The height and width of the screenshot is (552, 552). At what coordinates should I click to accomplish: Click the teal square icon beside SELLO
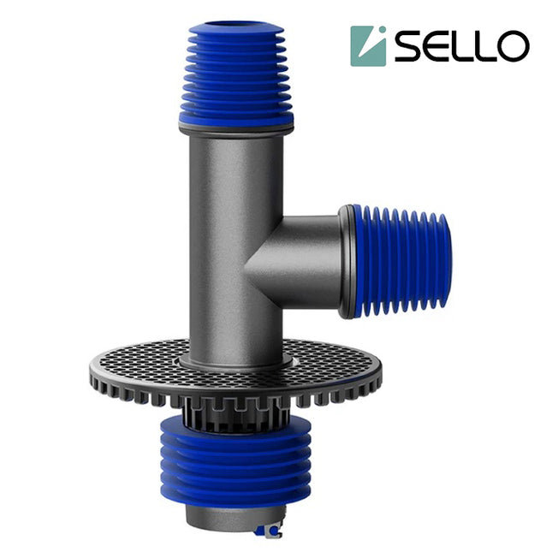click(x=368, y=45)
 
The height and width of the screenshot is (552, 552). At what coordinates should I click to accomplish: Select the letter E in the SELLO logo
click(x=442, y=47)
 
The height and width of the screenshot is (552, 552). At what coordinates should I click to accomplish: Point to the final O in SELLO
click(x=513, y=47)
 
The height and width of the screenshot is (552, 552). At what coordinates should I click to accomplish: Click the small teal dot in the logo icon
click(x=380, y=33)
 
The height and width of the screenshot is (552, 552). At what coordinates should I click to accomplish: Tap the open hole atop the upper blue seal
click(x=235, y=27)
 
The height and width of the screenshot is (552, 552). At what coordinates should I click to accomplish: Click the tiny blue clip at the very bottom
click(x=270, y=532)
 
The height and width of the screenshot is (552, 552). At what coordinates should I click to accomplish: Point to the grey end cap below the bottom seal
click(x=227, y=517)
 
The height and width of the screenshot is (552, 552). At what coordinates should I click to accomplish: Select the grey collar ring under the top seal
click(x=235, y=129)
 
